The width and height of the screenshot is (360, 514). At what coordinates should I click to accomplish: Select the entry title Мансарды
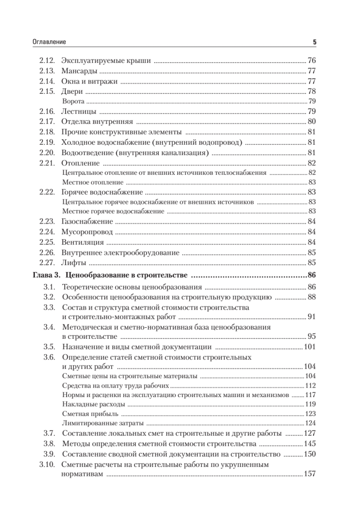[79, 71]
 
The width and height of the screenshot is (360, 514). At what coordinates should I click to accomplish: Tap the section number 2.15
[46, 92]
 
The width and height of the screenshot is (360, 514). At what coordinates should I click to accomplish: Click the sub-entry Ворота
[73, 102]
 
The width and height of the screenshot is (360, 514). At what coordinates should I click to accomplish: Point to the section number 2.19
[46, 142]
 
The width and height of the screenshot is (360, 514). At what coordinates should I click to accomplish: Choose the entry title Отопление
[80, 163]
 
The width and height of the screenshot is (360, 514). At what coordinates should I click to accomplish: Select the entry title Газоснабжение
[87, 221]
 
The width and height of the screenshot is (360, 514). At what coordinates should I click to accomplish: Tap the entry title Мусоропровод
[87, 232]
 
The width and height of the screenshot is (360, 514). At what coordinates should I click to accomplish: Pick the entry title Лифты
[74, 263]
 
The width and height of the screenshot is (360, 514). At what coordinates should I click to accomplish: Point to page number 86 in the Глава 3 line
[311, 275]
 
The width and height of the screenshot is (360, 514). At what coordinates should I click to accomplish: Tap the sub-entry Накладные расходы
[93, 404]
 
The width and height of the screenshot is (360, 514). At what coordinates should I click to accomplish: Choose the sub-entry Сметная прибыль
[90, 413]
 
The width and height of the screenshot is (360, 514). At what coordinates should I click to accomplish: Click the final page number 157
[309, 474]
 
